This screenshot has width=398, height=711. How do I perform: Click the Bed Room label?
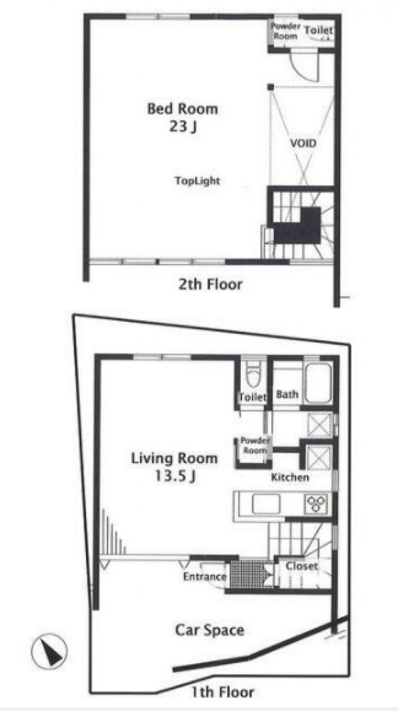(183, 109)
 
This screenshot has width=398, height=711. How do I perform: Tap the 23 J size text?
(183, 126)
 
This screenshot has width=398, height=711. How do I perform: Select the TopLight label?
(197, 180)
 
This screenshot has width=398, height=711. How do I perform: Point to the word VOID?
(303, 143)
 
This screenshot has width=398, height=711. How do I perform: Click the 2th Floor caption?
(210, 284)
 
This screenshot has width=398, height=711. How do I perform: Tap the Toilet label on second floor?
(318, 30)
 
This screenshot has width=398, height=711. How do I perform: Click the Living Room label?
(175, 458)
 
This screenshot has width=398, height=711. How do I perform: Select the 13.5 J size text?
(175, 476)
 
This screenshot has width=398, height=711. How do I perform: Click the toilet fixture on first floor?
(253, 374)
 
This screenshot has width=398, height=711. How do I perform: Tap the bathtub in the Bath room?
(318, 383)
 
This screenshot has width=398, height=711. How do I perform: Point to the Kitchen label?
(290, 477)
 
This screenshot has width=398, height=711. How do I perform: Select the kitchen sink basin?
(266, 504)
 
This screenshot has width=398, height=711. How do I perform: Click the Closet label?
(301, 566)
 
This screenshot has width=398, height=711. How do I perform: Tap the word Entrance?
(204, 576)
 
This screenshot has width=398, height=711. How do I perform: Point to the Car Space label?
(209, 630)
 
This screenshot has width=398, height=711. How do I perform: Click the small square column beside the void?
(270, 87)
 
